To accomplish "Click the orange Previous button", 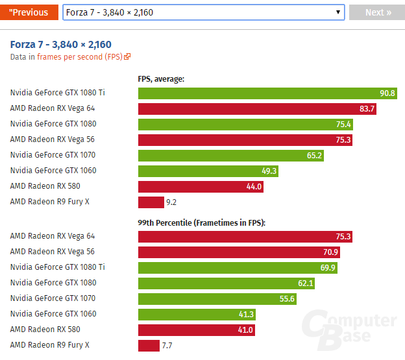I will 30,12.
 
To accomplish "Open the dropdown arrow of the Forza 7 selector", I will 338,12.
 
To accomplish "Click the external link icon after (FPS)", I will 127,57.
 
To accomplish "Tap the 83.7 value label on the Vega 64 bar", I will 367,108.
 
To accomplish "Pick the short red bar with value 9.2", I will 151,202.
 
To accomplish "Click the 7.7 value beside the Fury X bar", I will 167,345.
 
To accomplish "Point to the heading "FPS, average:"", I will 161,79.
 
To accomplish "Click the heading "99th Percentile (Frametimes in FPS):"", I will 202,222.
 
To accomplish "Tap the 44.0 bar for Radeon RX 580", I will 201,186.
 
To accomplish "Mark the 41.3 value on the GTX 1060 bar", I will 245,314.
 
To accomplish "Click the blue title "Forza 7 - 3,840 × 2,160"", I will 61,45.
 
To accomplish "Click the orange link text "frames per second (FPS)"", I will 79,57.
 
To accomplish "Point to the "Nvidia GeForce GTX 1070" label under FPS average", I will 53,155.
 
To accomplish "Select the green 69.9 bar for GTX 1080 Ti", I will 238,267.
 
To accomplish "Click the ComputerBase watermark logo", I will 351,328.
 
